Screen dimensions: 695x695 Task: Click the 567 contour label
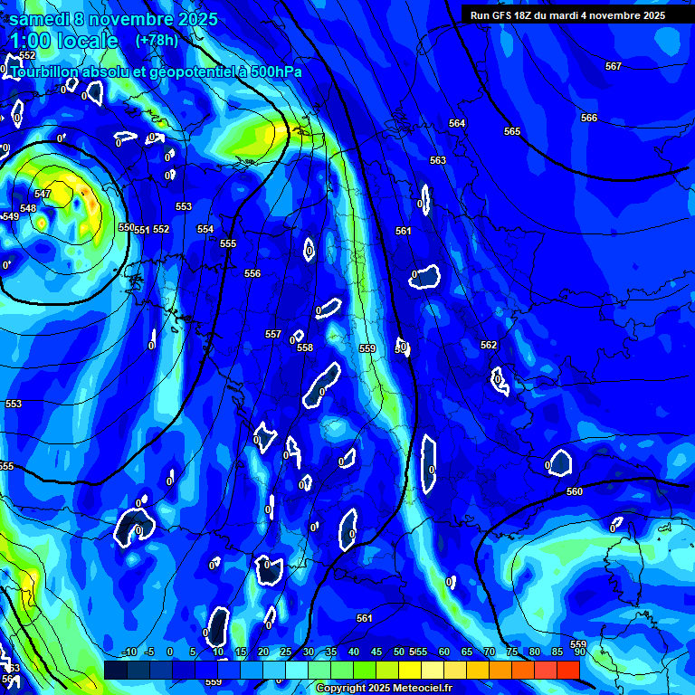tap(614, 66)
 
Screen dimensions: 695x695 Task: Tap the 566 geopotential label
tap(589, 118)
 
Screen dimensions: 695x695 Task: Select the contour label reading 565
tap(512, 131)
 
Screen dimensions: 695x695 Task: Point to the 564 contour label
tap(457, 123)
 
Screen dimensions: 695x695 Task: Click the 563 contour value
tap(438, 160)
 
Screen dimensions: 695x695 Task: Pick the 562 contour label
tap(489, 345)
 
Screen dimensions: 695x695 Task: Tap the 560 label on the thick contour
tap(575, 491)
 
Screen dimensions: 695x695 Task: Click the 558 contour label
tap(305, 347)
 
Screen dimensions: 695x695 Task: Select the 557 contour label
tap(273, 334)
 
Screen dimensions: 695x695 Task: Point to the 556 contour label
tap(252, 273)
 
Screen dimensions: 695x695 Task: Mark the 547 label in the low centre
tap(43, 194)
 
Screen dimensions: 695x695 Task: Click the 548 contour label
tap(28, 208)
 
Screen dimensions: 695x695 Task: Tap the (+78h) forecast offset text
tap(157, 41)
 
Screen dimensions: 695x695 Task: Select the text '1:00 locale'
tap(63, 41)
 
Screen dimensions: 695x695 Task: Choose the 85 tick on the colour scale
tap(557, 652)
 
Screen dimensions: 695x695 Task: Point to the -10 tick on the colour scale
tap(129, 652)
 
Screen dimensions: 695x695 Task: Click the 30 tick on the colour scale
tap(309, 652)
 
